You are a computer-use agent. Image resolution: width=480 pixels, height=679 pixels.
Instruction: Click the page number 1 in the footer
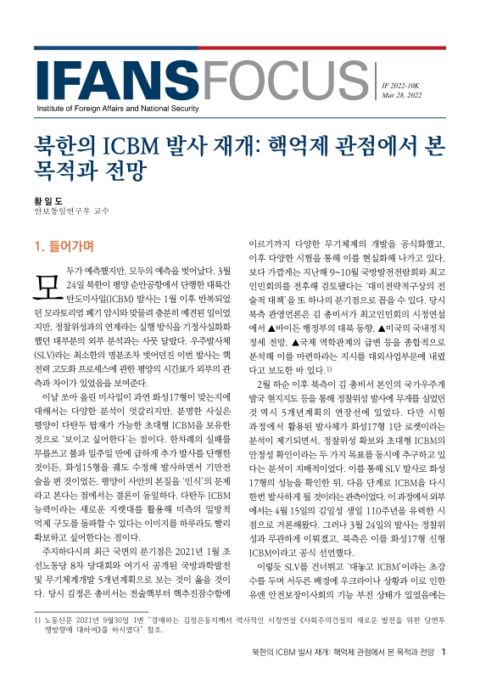[455, 652]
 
